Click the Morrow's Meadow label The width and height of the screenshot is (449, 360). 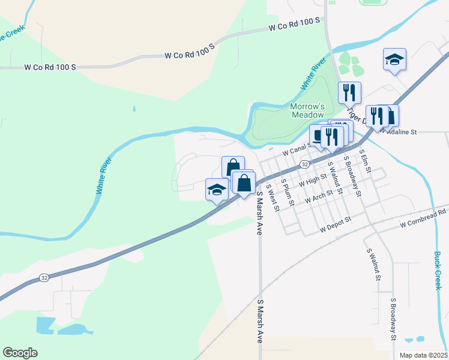307,110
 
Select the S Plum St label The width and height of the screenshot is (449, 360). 288,193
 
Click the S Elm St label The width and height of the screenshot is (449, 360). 366,162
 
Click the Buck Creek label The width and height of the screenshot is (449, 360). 438,269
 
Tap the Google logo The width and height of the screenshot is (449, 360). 20,353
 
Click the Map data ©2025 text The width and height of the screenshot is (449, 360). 423,355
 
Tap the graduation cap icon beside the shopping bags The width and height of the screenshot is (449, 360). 217,190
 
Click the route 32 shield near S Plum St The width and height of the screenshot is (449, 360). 305,164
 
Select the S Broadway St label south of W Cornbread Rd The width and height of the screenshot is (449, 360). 393,318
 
